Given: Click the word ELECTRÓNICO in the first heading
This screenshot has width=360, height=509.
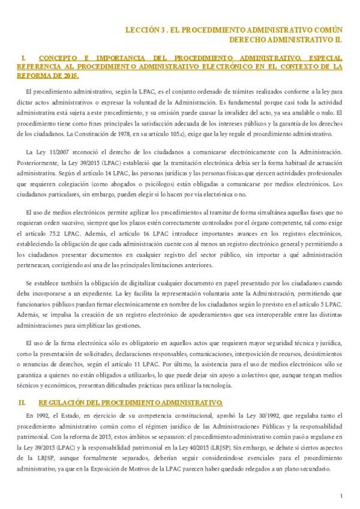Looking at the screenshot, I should (204, 67).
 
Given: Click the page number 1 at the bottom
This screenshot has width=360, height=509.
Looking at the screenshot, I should (340, 496).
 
